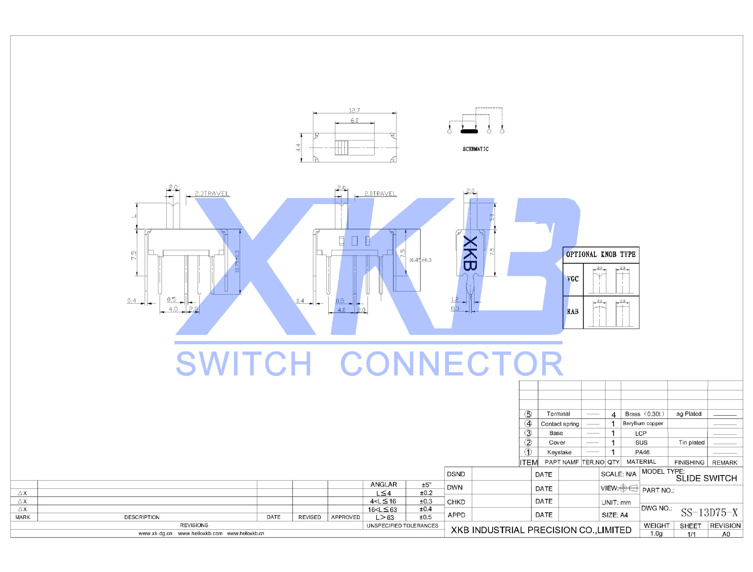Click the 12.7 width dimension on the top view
point(354,111)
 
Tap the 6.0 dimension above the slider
point(354,120)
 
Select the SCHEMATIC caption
point(475,149)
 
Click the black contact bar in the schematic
point(469,131)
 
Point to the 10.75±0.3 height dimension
point(237,261)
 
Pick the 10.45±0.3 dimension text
point(420,260)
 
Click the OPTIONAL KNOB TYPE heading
point(600,255)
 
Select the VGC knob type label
point(573,279)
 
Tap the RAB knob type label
point(573,312)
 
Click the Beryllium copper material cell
point(643,423)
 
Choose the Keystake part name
point(559,452)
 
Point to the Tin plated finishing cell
point(691,443)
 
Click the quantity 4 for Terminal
point(613,414)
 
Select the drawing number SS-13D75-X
point(709,513)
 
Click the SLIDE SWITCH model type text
point(706,478)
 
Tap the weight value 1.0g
point(656,534)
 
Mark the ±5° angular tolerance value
point(426,485)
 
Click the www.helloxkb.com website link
point(200,534)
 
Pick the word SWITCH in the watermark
point(244,364)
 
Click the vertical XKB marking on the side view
point(470,253)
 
